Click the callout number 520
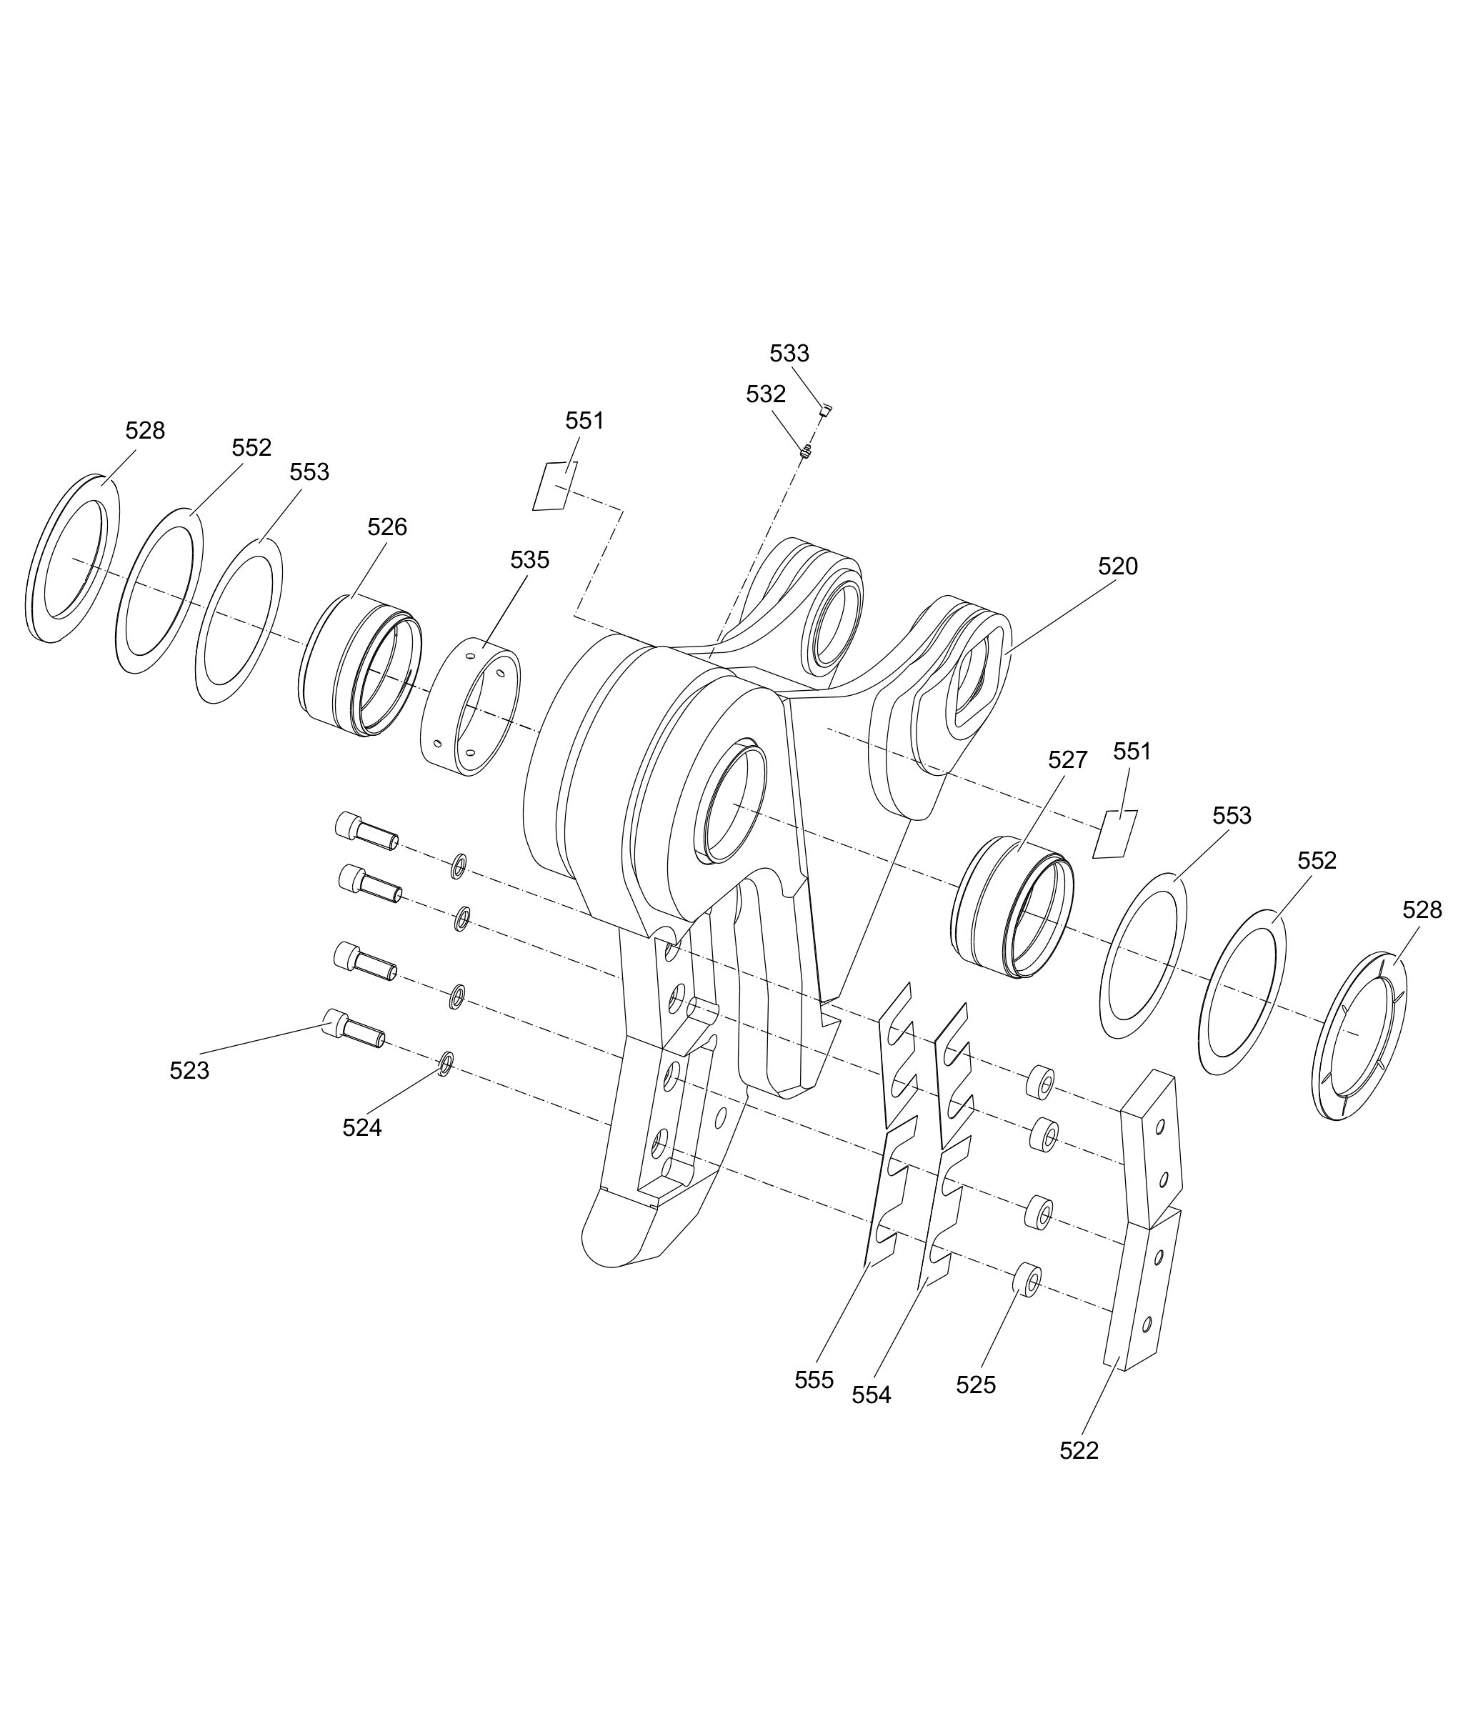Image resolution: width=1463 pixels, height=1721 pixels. coord(1117,567)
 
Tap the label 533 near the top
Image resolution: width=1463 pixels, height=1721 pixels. coord(789,354)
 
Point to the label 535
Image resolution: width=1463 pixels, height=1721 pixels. coord(529,560)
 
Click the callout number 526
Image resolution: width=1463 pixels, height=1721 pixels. coord(386,527)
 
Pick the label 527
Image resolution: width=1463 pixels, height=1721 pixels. coord(1067,759)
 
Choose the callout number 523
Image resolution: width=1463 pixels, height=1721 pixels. coord(189,1071)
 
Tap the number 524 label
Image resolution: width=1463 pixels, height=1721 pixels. coord(361,1127)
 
